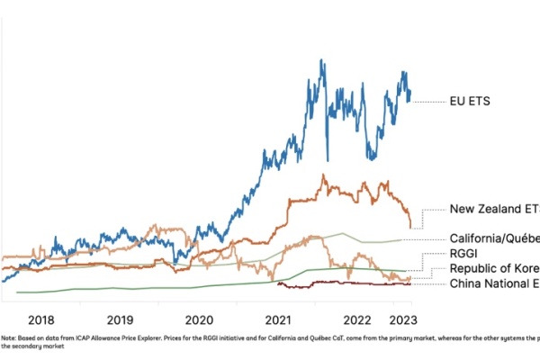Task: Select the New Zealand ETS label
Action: (494, 209)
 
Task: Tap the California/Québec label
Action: (494, 238)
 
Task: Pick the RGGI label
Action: (464, 254)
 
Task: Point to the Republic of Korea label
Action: (494, 269)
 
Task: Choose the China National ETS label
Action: (494, 283)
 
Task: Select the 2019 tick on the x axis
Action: (120, 319)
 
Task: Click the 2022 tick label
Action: (358, 319)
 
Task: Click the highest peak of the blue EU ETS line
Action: (322, 60)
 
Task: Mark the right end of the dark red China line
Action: (410, 284)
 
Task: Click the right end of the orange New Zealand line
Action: (410, 227)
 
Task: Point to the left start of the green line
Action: (17, 292)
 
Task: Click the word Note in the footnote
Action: (9, 338)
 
